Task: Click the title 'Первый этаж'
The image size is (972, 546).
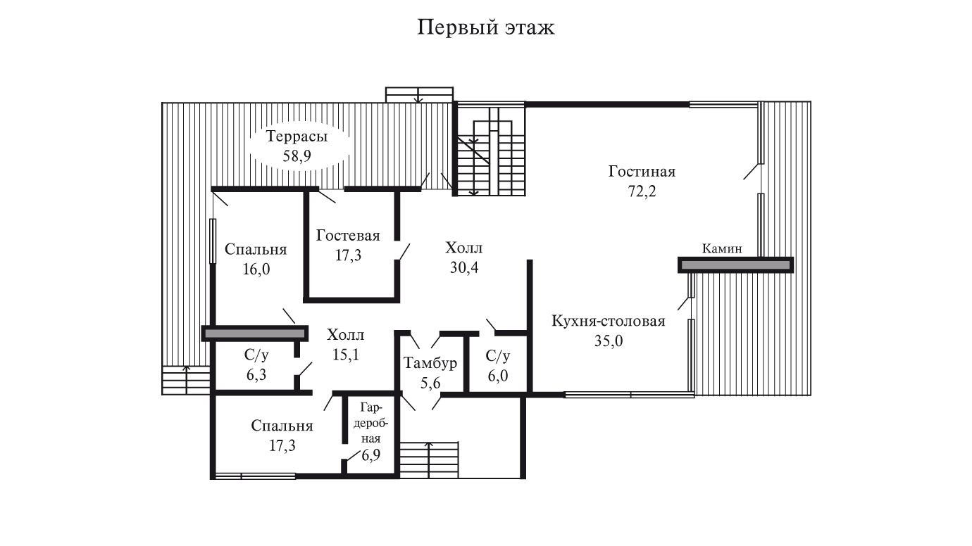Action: pos(486,27)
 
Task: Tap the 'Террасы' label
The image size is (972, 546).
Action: pos(297,136)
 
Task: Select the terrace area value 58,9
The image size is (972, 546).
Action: pos(297,156)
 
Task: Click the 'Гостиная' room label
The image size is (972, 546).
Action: pos(642,172)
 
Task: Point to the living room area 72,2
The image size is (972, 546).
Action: pos(642,191)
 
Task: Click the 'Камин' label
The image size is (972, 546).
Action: pos(722,249)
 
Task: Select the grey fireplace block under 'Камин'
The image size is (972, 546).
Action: pos(736,265)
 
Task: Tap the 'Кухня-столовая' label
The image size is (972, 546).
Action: pos(609,322)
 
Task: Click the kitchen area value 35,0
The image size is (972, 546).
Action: pos(609,341)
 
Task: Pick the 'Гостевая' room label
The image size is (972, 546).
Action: pos(348,236)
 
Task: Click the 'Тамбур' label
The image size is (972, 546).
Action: pos(430,363)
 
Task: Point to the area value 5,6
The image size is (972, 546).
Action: pos(430,383)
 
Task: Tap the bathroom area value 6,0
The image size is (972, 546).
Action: pos(498,376)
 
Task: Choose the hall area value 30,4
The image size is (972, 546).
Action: pos(464,268)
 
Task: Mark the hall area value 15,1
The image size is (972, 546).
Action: pos(345,355)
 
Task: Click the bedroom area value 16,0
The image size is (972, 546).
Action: pos(256,269)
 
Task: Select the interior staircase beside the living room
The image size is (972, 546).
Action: pos(492,150)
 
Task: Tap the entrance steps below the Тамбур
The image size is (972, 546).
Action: pos(429,460)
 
